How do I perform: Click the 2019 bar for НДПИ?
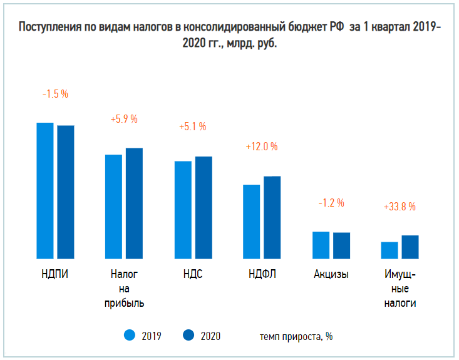[44, 190]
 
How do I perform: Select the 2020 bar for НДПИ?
[66, 192]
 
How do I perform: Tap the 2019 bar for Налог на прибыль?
[113, 206]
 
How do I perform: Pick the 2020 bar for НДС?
[204, 207]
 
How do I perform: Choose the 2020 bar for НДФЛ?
[272, 217]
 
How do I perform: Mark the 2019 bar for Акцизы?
[321, 245]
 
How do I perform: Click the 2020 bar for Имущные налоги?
[410, 247]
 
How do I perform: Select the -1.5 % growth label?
[55, 94]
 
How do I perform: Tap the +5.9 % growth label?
[123, 119]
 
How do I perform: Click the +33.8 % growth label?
[400, 206]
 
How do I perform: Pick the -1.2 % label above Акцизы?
[331, 203]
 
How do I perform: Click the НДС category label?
[193, 274]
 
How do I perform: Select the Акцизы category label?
[331, 274]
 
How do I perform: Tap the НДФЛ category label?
[262, 274]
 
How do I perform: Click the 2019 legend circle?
[130, 336]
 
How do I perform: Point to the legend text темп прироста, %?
[296, 336]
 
